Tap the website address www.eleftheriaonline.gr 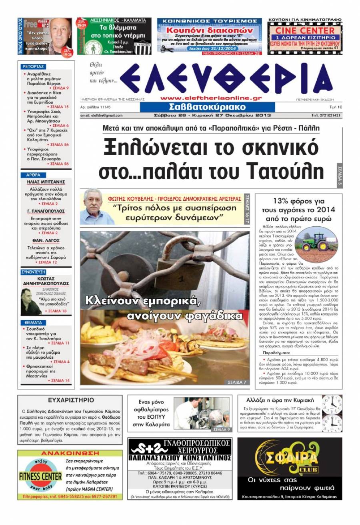211,98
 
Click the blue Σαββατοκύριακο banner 207,108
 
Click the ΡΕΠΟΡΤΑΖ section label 34,66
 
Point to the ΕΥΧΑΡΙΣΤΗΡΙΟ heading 71,400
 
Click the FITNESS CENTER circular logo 40,476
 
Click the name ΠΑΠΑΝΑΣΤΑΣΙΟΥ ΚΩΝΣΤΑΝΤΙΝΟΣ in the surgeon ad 180,457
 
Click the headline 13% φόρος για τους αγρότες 298,209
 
